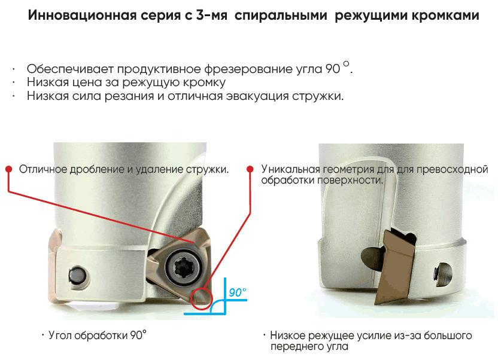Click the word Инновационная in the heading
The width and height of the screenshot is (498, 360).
82,15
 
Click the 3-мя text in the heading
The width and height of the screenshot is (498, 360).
211,15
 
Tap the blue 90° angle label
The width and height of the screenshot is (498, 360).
238,292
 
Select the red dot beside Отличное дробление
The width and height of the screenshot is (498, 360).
9,169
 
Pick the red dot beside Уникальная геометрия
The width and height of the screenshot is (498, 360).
250,169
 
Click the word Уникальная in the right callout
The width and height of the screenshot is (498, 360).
291,169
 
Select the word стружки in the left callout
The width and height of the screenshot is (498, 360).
207,170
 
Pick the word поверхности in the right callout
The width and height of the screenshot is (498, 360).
351,181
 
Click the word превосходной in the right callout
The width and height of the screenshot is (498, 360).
452,169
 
